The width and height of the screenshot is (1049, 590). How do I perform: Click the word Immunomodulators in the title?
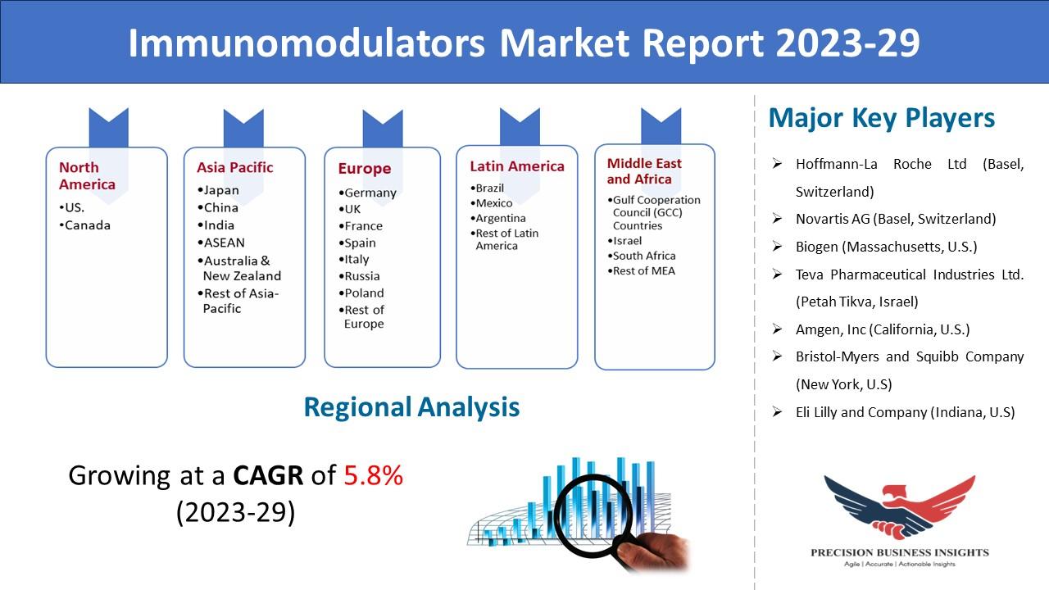pos(307,43)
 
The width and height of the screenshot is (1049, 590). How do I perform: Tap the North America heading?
pos(87,175)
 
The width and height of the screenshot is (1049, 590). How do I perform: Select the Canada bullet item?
pos(84,225)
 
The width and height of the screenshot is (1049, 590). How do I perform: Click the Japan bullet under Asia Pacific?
pos(218,190)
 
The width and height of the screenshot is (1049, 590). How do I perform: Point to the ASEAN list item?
pos(221,243)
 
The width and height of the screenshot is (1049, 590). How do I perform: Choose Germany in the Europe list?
pos(368,193)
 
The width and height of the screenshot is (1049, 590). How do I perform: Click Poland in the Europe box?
pos(361,293)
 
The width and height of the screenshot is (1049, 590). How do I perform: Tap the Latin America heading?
pos(517,166)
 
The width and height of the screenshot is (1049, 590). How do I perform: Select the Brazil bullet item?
pos(487,188)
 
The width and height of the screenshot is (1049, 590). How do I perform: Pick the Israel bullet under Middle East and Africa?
pos(624,241)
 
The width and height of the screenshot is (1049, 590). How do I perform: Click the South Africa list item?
pos(642,256)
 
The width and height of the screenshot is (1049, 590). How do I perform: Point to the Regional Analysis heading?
pos(411,407)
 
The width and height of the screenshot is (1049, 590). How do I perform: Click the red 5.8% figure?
pos(373,475)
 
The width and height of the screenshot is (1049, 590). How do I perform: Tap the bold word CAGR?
pos(268,475)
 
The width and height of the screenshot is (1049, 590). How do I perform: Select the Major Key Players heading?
pos(881,118)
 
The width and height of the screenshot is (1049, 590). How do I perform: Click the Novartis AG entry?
pos(896,219)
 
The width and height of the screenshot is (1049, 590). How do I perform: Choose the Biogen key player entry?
pos(886,247)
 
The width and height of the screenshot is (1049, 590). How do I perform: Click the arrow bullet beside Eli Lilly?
pos(778,412)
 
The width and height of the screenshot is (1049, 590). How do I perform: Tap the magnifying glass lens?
pos(593,515)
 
